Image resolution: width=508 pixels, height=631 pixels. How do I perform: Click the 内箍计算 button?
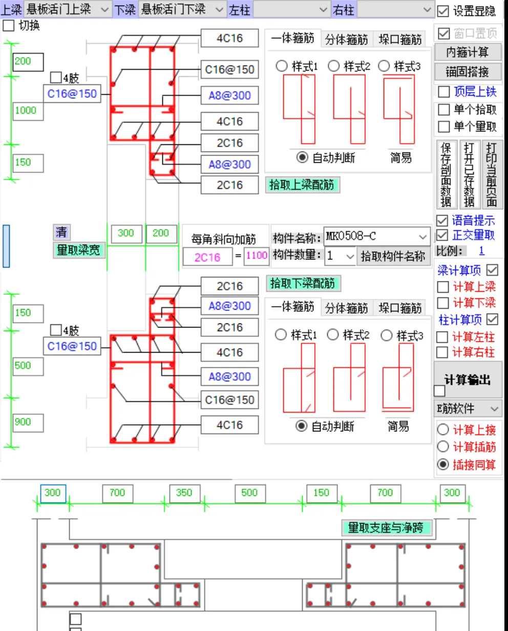click(467, 52)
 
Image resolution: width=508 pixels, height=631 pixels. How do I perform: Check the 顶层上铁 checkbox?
click(444, 92)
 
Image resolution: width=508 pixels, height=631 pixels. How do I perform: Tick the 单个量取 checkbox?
click(444, 126)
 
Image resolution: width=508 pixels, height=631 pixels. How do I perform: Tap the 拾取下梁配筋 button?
click(303, 283)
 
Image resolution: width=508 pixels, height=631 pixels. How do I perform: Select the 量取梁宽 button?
click(78, 250)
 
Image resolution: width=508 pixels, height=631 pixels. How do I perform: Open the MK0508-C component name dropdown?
click(422, 237)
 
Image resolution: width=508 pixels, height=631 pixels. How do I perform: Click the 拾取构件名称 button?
click(393, 256)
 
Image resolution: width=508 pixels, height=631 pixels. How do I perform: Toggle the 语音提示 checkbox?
click(442, 221)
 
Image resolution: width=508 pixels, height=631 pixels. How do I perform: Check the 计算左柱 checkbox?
click(442, 337)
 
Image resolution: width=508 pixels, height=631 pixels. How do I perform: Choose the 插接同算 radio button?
click(443, 464)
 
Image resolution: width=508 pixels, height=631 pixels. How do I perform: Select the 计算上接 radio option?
click(443, 430)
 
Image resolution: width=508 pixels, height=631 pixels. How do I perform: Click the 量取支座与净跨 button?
click(386, 528)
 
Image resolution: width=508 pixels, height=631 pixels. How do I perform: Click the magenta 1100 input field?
click(257, 255)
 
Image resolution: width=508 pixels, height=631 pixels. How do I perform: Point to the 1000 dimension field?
click(27, 111)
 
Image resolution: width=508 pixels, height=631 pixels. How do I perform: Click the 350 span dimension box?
click(184, 493)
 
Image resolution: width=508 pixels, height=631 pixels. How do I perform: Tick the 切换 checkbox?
click(9, 26)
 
